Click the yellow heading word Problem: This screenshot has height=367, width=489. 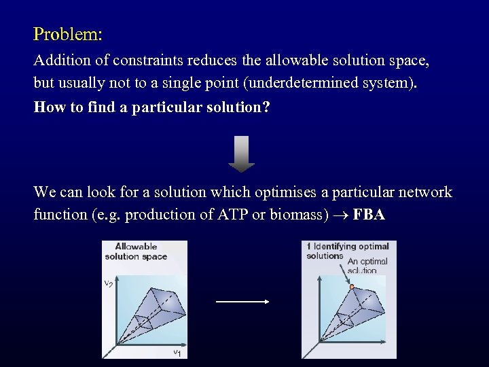point(68,33)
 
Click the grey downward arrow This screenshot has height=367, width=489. point(241,154)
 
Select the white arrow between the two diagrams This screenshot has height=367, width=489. point(242,302)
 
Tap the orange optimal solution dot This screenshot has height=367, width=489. point(352,288)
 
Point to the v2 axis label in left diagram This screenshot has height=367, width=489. point(109,283)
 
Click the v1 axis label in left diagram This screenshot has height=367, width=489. point(177,351)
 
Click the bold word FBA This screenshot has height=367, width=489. point(369,215)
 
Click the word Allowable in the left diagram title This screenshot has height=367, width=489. point(136,247)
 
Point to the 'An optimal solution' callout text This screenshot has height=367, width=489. point(367,264)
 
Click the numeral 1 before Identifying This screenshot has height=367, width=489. point(308,246)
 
